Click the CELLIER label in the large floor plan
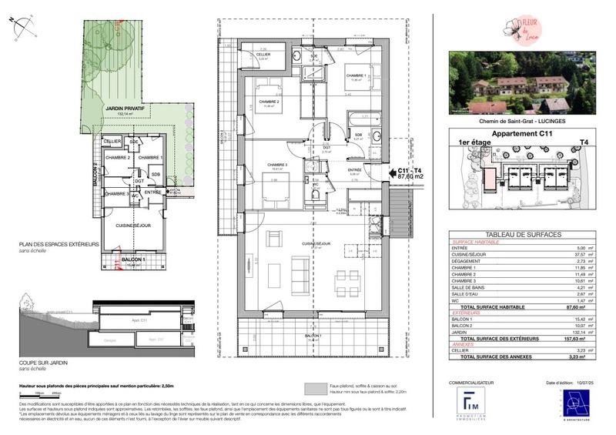coord(264,54)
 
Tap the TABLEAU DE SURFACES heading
coord(523,235)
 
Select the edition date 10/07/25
coord(583,383)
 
